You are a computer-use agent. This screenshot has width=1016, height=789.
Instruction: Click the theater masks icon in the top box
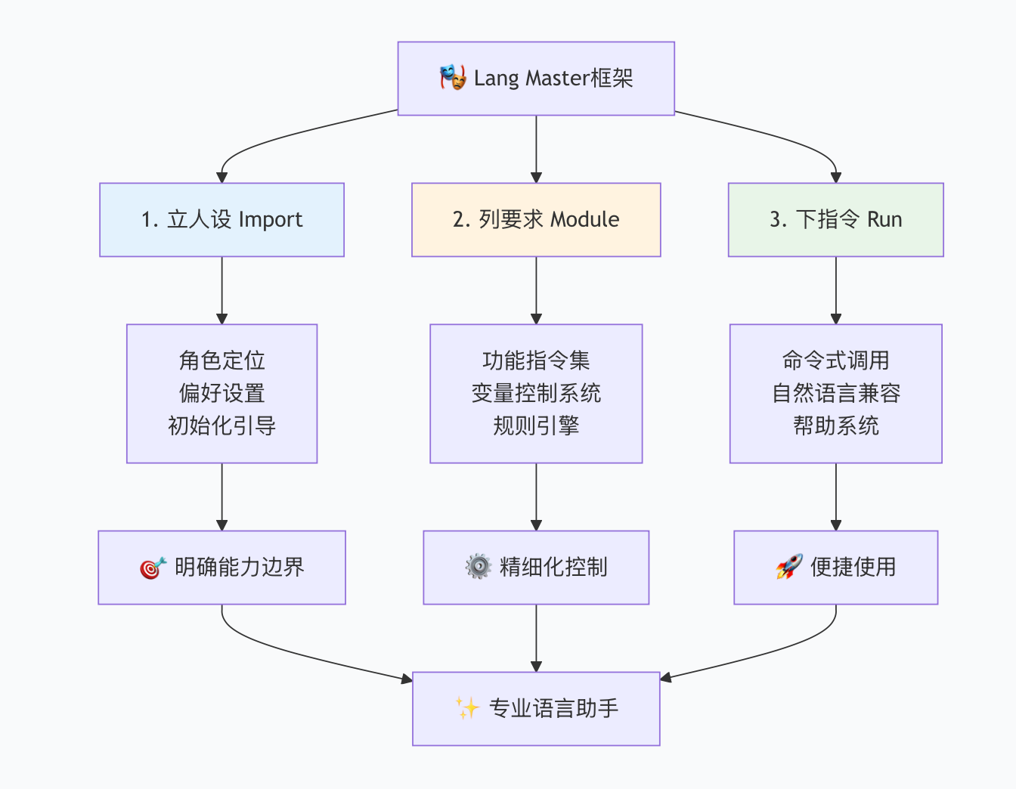pos(453,78)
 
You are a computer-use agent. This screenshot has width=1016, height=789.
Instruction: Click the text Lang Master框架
pos(553,79)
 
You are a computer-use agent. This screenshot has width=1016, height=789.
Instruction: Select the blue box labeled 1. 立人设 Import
pos(221,220)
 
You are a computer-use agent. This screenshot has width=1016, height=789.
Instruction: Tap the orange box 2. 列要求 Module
pos(536,220)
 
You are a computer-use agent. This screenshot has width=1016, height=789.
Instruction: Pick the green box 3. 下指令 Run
pos(835,220)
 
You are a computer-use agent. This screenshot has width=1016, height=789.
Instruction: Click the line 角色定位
pos(221,360)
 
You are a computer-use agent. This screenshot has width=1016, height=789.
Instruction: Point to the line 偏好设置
pos(221,393)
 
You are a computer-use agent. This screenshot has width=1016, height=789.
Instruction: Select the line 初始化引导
pos(221,425)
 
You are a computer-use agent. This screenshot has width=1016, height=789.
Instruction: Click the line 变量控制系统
pos(536,393)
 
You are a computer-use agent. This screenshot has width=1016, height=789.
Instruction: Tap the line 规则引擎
pos(536,425)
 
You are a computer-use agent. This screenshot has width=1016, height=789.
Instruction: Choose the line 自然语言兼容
pos(835,393)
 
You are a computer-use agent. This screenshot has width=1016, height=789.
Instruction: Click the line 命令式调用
pos(835,360)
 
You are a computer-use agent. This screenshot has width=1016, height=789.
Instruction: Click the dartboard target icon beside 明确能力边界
pos(153,568)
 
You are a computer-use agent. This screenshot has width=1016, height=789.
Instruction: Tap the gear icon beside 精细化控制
pos(478,567)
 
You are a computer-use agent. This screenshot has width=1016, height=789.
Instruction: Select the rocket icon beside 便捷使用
pos(788,567)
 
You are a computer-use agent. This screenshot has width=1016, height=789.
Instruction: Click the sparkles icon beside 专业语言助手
pos(467,708)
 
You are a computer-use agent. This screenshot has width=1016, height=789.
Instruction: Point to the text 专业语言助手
pos(553,708)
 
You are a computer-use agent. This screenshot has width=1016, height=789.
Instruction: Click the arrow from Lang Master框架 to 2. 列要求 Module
pos(536,148)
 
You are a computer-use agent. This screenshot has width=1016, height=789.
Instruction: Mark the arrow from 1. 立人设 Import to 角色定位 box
pos(221,290)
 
